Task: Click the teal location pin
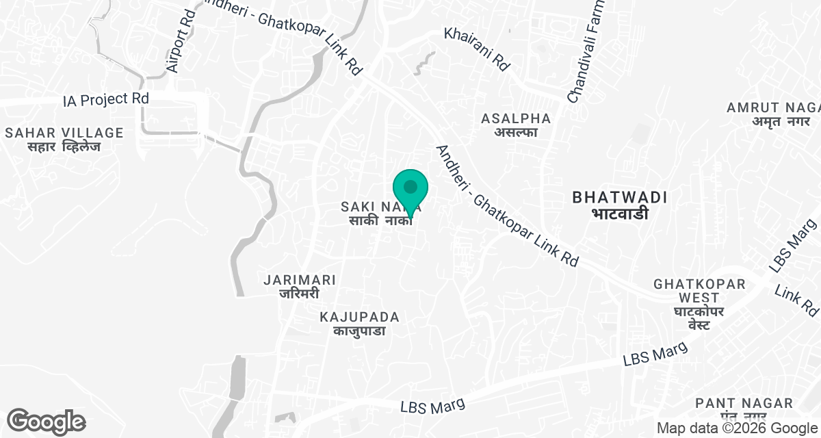410,189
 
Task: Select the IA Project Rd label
105,99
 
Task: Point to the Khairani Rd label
477,49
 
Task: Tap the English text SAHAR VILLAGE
64,133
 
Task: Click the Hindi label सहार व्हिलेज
64,147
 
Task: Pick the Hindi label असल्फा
516,132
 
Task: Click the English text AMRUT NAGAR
773,107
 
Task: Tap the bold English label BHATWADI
620,198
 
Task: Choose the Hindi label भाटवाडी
620,214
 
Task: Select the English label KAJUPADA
360,317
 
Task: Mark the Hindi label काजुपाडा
360,331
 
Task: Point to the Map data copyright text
738,428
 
